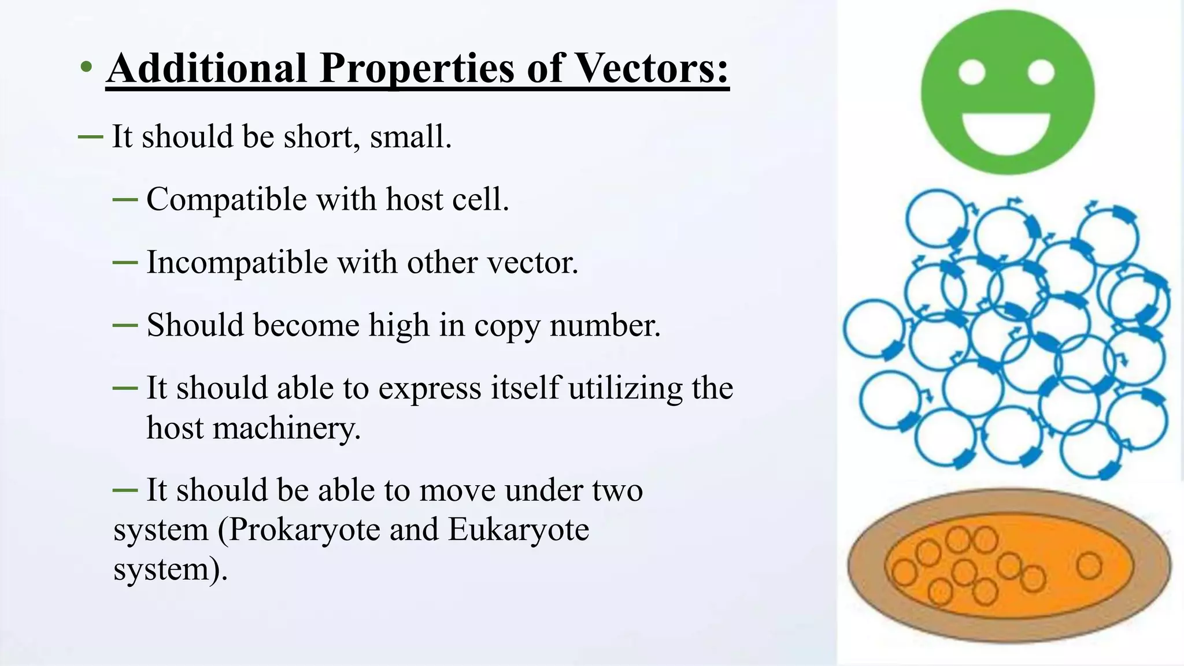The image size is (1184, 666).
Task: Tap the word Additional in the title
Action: pos(207,68)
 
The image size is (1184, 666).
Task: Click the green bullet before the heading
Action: pos(86,68)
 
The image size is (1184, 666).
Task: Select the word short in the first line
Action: pos(316,137)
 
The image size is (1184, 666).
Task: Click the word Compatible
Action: pos(227,200)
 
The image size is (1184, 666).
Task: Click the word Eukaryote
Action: pos(519,530)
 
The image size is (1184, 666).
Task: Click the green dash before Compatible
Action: pos(125,200)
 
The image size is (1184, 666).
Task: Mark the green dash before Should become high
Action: pos(125,326)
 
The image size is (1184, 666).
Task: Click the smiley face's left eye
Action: pos(972,73)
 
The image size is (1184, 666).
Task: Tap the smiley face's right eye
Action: pos(1041,73)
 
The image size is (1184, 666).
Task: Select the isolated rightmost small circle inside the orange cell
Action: pos(1089,565)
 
